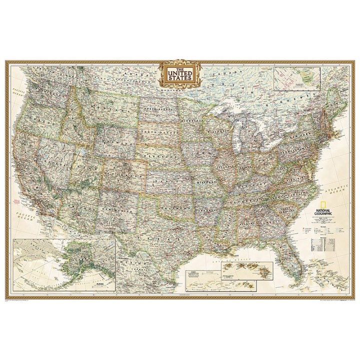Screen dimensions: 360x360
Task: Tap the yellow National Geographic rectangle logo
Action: pos(305,204)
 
